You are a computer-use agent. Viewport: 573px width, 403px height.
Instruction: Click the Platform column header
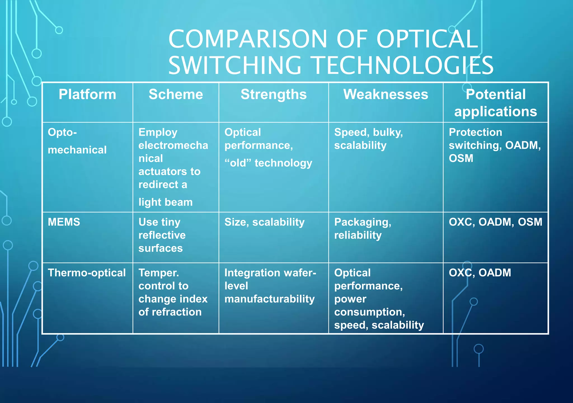87,95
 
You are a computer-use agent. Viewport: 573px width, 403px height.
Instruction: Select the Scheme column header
176,95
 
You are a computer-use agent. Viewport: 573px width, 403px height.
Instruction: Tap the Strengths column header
274,95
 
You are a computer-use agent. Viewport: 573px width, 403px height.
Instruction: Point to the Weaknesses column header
386,95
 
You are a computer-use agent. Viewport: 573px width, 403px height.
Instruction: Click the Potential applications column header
495,103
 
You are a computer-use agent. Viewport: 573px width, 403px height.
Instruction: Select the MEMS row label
64,222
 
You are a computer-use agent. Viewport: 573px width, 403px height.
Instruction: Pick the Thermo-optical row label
87,273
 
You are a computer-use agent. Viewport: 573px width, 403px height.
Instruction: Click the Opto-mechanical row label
77,141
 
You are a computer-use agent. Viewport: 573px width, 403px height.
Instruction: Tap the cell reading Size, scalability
264,222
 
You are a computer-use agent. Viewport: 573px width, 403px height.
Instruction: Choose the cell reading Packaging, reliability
363,228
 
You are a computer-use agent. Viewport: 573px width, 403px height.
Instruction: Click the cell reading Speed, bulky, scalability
368,139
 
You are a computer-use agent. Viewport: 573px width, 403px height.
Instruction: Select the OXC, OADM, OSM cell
495,222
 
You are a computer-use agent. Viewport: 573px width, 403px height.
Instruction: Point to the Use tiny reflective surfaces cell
162,235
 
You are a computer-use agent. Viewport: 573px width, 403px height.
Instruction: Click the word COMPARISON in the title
248,39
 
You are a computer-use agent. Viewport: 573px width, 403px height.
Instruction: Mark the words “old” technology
268,163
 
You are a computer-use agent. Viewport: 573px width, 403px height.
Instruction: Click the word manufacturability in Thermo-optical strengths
269,299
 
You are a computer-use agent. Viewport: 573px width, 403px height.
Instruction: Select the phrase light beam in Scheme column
165,202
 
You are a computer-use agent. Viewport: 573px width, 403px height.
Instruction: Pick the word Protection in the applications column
475,132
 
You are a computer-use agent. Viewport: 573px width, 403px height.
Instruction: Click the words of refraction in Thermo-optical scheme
170,312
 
